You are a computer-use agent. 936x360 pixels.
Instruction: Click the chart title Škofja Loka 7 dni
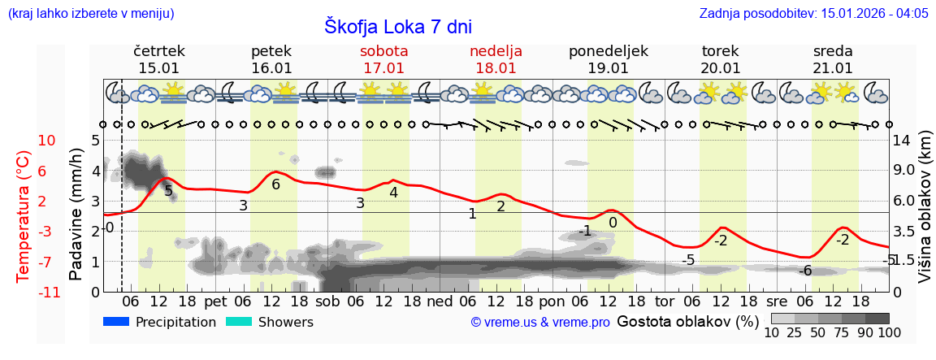tap(397, 26)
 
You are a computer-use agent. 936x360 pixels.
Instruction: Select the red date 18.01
tap(496, 68)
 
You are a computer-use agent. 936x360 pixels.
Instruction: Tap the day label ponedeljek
tap(608, 51)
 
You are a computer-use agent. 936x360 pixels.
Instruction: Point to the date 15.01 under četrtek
tap(158, 68)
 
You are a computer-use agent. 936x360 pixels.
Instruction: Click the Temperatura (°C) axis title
tap(23, 216)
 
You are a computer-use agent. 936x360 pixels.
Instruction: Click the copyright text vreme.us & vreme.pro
tap(540, 323)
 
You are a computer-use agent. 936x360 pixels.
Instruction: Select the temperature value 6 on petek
tap(275, 184)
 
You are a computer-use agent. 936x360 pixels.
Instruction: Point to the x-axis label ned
tap(440, 300)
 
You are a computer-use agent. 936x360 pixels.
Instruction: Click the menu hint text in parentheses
tap(90, 13)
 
